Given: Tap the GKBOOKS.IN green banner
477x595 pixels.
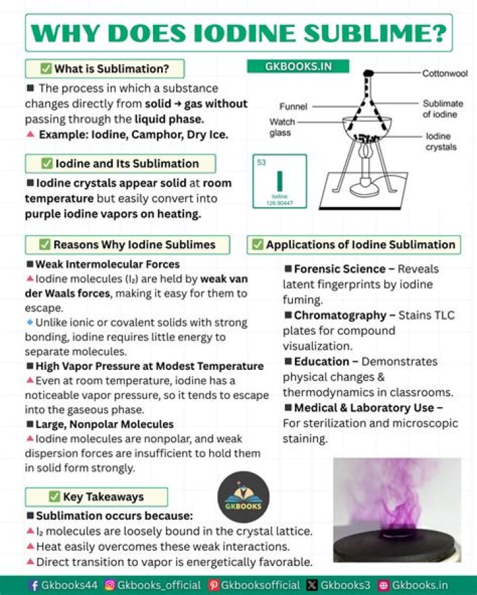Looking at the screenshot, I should (x=298, y=66).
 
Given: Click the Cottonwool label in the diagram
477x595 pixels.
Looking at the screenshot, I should (x=445, y=73).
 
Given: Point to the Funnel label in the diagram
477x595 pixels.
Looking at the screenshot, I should (x=293, y=106).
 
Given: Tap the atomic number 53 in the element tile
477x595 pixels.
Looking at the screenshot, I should (x=261, y=162).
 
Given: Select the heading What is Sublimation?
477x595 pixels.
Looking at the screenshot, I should (x=105, y=69).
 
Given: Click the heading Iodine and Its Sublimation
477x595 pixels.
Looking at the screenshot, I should (x=120, y=163).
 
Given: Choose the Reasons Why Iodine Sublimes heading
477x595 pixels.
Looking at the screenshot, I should (x=127, y=245).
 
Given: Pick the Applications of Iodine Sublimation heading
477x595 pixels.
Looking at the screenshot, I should (x=354, y=245).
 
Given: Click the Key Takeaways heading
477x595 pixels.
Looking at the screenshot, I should (x=96, y=497).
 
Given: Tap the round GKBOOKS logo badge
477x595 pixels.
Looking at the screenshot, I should (x=243, y=497).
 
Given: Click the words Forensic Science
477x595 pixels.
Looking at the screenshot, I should (x=339, y=269).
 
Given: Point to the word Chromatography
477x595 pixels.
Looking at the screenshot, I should (x=339, y=315).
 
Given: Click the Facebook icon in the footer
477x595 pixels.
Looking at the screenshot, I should (x=34, y=585).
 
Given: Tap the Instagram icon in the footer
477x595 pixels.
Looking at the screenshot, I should (x=110, y=585).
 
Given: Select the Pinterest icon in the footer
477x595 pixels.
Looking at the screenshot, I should (x=213, y=585).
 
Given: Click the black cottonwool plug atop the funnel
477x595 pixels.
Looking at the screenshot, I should (x=368, y=72).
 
